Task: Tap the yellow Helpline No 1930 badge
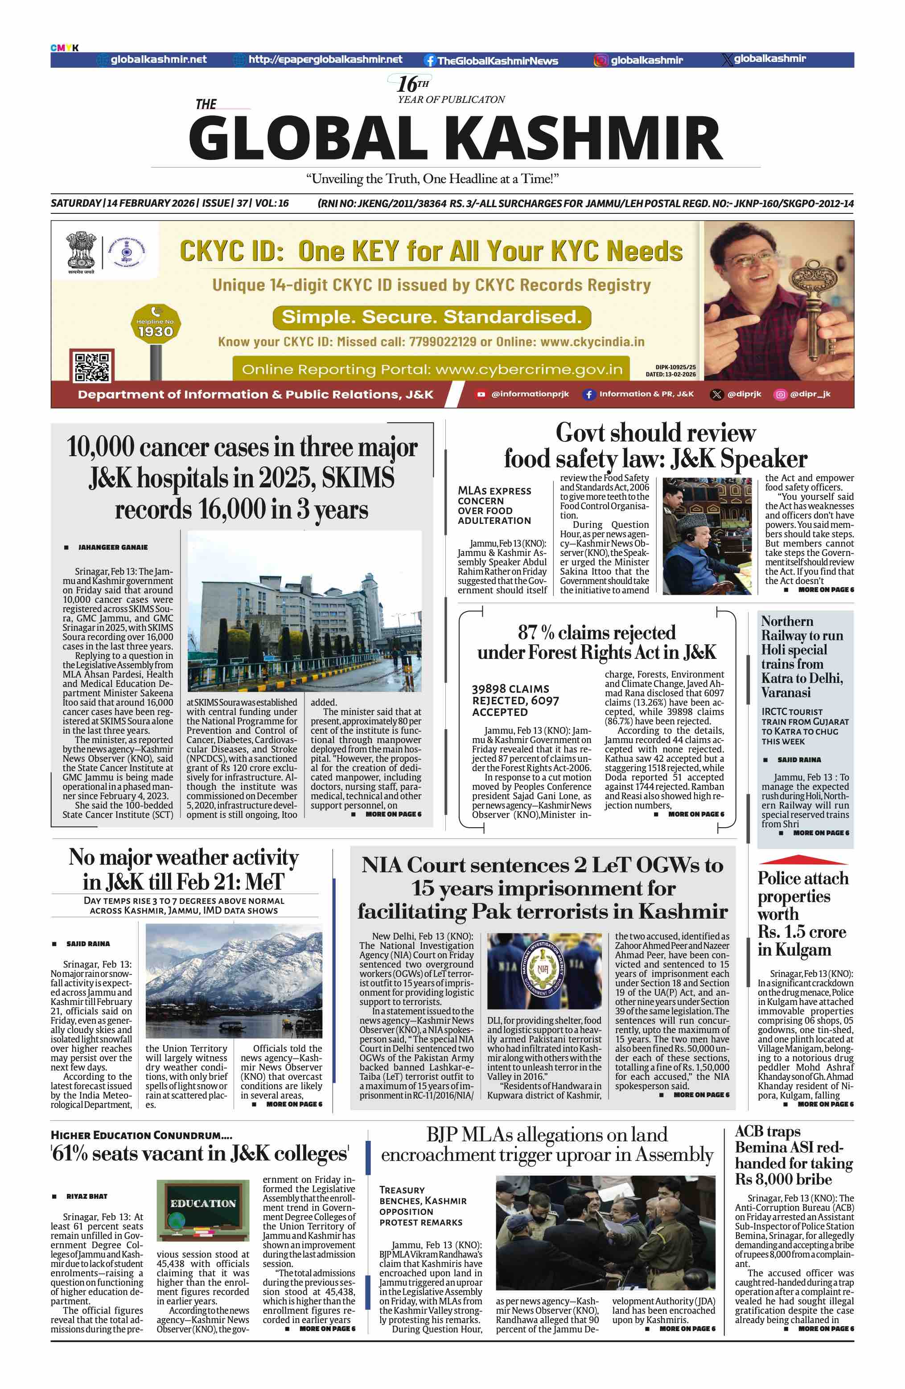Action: [x=155, y=324]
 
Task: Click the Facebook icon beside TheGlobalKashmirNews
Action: [x=430, y=60]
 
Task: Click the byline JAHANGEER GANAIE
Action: [x=113, y=547]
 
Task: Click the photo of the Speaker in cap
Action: [x=707, y=536]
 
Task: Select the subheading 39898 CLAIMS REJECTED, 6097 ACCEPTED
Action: [x=515, y=700]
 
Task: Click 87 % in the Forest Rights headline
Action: [x=535, y=633]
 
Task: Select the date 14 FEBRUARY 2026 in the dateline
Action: [x=151, y=203]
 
